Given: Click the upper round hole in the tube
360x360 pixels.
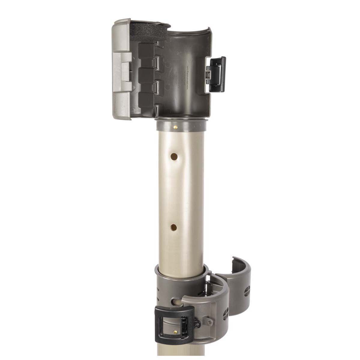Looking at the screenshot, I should (x=174, y=156).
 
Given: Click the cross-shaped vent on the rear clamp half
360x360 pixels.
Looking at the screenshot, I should (x=247, y=292).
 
